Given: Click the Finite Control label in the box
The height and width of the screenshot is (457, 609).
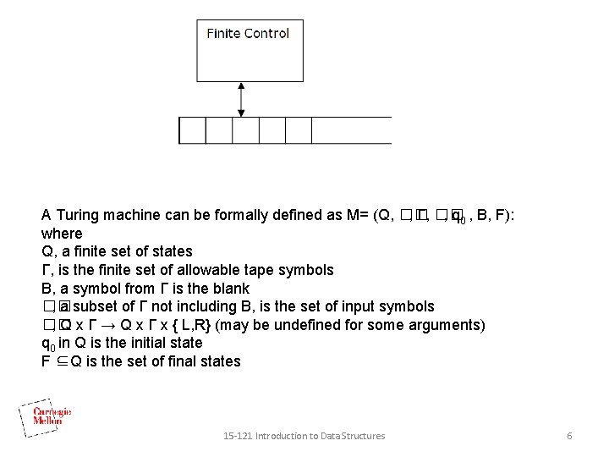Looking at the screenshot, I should [x=248, y=34].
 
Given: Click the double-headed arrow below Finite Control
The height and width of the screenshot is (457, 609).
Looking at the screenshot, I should [x=242, y=99].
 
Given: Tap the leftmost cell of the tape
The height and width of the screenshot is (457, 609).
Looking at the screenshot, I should [x=192, y=129].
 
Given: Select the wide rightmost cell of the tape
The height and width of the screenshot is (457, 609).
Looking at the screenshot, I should [x=350, y=129].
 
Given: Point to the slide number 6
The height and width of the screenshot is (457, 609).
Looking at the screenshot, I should [x=569, y=436].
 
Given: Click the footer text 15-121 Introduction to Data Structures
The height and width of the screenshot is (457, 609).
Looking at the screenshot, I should [x=304, y=436].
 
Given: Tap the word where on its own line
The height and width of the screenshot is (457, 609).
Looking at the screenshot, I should [x=62, y=234].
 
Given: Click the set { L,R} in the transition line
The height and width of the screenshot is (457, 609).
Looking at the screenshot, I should [x=193, y=325].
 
